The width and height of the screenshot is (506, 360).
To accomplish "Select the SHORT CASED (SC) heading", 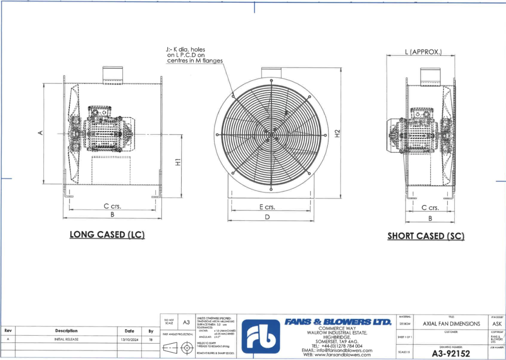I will coord(426,236).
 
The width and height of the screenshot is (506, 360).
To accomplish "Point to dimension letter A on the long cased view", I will coord(41,132).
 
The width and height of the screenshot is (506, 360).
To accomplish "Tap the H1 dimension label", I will coord(177,161).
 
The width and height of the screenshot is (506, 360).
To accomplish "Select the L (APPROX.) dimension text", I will coord(422,51).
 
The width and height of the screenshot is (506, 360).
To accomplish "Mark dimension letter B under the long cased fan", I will coord(113,215).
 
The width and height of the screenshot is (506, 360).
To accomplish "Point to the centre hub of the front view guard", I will coord(271,134).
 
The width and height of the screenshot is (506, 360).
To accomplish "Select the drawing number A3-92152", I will coord(451,353).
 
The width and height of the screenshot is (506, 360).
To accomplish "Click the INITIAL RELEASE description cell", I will coord(66,339).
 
